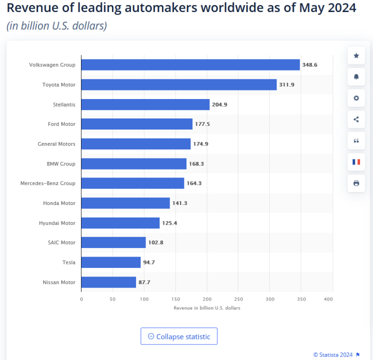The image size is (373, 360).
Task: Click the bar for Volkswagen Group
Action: [x=190, y=65]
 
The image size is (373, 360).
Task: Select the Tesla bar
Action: [x=111, y=262]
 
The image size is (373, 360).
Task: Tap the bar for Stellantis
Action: [x=145, y=104]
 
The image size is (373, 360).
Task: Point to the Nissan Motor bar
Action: [x=108, y=282]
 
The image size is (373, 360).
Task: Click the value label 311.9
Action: [x=287, y=85]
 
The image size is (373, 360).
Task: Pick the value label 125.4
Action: [x=169, y=223]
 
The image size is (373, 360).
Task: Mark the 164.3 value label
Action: [x=193, y=183]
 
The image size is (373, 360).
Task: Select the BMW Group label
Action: [x=60, y=163]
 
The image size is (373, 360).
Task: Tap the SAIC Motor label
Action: [x=61, y=242]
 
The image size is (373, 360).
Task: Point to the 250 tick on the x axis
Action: [x=238, y=299]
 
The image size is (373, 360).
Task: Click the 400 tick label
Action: [x=328, y=299]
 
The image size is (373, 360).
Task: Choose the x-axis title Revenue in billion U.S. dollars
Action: [x=207, y=308]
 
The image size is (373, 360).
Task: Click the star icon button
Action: [x=356, y=56]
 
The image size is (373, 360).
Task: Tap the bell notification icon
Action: [x=356, y=77]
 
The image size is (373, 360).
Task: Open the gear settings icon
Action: [x=356, y=98]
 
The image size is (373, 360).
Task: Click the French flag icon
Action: [x=356, y=162]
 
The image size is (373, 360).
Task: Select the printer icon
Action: [x=356, y=183]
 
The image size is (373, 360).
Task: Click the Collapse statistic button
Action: [x=179, y=336]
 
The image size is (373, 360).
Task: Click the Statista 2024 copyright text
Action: [x=333, y=354]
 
